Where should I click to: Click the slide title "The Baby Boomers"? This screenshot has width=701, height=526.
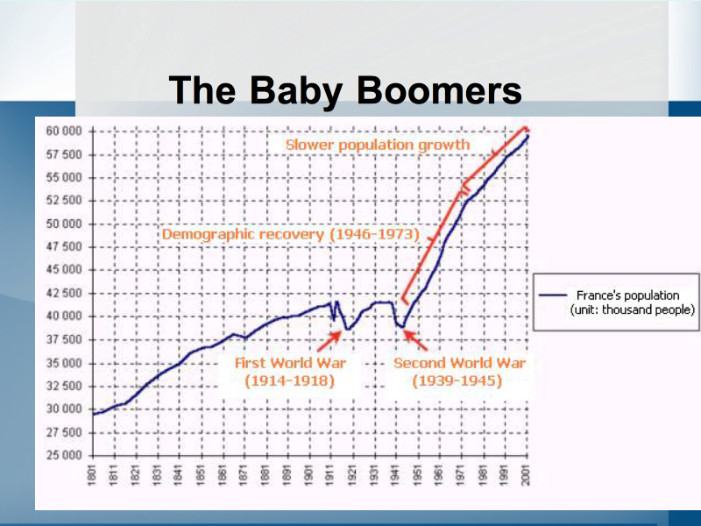(345, 91)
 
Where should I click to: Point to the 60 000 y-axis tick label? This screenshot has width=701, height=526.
(64, 131)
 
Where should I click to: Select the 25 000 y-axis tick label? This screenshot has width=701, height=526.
(64, 456)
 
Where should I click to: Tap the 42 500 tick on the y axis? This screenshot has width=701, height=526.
(64, 294)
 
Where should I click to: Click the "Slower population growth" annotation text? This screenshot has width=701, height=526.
(378, 145)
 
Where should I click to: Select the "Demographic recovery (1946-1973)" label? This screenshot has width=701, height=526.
(291, 234)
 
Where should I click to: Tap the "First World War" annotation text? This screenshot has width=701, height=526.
(291, 363)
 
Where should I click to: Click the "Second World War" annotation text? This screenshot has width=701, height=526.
(459, 363)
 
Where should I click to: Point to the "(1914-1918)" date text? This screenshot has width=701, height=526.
(290, 381)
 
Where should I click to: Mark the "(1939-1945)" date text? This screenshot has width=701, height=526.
(457, 381)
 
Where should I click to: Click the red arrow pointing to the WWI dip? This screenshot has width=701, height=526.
(329, 341)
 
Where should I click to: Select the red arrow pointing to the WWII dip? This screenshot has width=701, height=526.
(416, 340)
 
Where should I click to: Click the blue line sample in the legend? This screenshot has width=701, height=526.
(553, 295)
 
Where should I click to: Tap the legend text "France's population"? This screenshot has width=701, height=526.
(627, 295)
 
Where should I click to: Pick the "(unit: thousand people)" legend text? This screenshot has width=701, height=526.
(633, 310)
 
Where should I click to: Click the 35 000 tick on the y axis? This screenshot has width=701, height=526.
(64, 363)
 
